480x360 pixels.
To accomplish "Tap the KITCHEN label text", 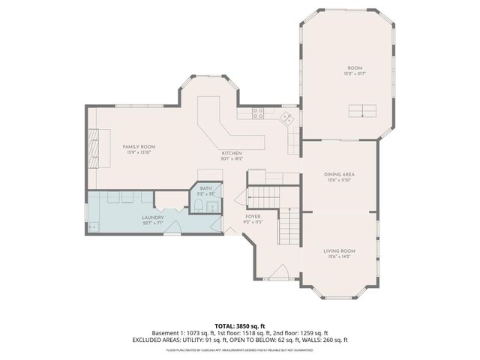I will pyautogui.click(x=231, y=153).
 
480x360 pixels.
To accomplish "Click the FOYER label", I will pyautogui.click(x=253, y=217).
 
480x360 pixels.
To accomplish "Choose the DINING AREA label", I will pyautogui.click(x=339, y=174).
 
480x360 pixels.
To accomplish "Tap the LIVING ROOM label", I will pyautogui.click(x=339, y=250).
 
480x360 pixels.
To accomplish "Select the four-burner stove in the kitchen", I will pyautogui.click(x=257, y=114).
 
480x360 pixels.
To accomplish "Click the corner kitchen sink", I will pyautogui.click(x=286, y=117).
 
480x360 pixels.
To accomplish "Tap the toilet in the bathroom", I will pyautogui.click(x=197, y=206).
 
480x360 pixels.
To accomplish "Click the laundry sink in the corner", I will pyautogui.click(x=94, y=226).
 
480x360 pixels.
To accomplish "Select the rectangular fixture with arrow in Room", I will pyautogui.click(x=363, y=112).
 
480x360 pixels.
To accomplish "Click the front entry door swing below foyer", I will pyautogui.click(x=277, y=271).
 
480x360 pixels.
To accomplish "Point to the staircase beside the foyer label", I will pyautogui.click(x=289, y=226).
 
